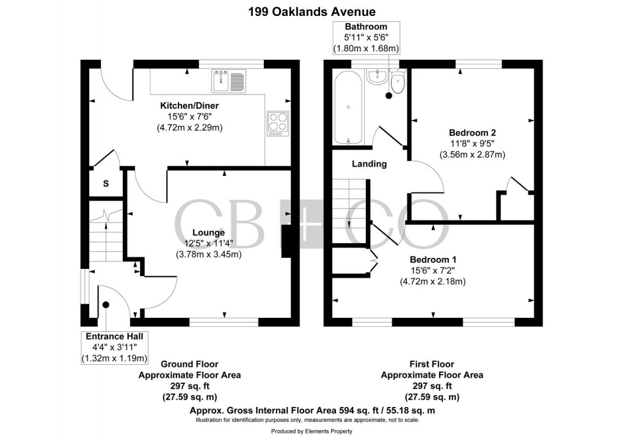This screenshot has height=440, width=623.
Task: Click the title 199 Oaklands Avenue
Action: (311, 11)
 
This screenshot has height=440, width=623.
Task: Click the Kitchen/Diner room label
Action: (189, 106)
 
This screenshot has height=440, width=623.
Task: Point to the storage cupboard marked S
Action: (106, 183)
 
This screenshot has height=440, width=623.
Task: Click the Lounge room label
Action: (208, 232)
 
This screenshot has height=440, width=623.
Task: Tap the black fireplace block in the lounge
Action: (285, 242)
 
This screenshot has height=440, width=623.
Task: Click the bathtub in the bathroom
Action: (348, 108)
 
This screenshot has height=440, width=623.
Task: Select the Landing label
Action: (369, 164)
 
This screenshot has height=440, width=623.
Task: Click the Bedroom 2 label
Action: (472, 133)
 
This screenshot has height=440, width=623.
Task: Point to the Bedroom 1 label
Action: (432, 258)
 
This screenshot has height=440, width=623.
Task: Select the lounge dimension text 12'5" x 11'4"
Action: (208, 243)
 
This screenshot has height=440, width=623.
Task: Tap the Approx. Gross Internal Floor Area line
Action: (312, 411)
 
